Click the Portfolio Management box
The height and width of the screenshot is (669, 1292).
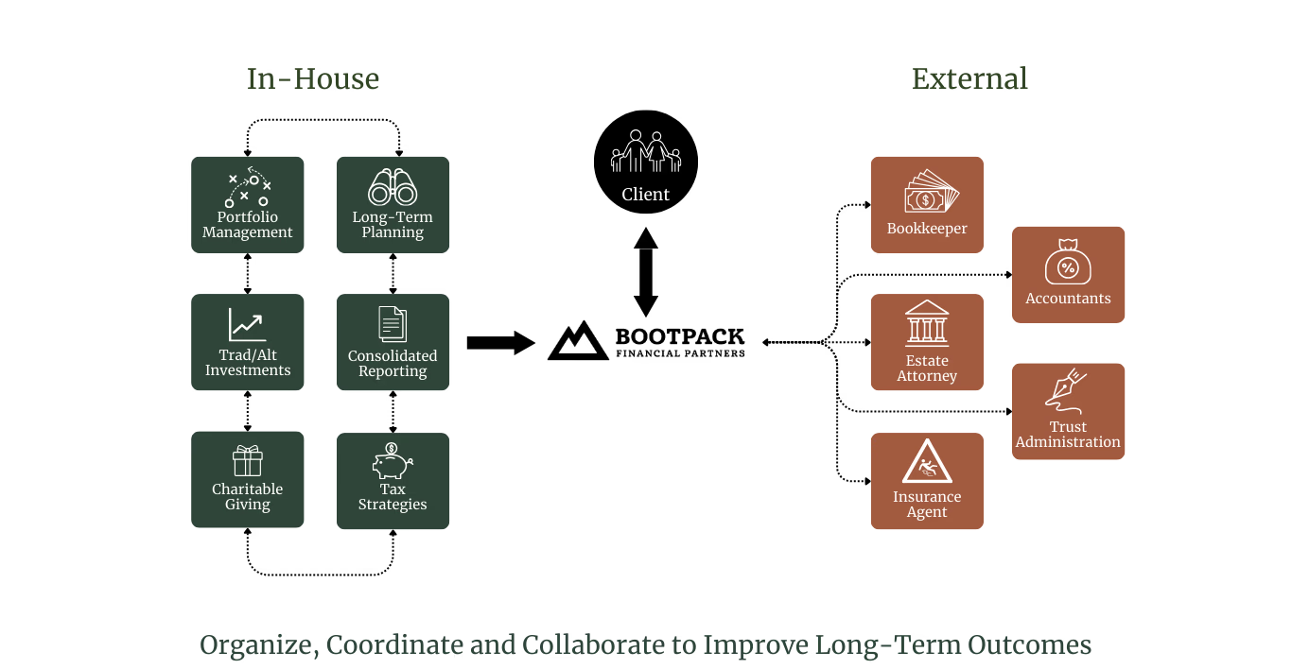click(x=248, y=205)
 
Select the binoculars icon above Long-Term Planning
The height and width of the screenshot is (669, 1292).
click(x=393, y=186)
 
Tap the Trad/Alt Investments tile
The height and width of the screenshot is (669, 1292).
click(x=248, y=342)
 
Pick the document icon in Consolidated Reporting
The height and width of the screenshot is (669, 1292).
click(x=393, y=324)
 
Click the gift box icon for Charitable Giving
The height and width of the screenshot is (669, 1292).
click(x=248, y=461)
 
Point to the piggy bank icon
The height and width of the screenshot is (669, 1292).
click(x=392, y=461)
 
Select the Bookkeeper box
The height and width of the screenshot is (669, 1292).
click(x=927, y=204)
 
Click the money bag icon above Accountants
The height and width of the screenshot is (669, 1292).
click(x=1068, y=262)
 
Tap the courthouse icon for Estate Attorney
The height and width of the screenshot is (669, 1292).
click(x=927, y=323)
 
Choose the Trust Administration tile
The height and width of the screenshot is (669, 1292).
click(x=1068, y=412)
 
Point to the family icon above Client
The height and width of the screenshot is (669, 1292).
click(x=646, y=151)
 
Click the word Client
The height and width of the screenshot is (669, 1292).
click(x=646, y=195)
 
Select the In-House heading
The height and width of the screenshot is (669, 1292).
click(x=313, y=79)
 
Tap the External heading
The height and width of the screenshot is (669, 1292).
click(x=969, y=79)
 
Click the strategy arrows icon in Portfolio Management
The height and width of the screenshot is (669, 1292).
click(x=248, y=189)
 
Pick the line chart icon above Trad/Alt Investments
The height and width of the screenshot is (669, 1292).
click(x=247, y=324)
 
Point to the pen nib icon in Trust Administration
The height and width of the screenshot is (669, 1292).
click(x=1066, y=387)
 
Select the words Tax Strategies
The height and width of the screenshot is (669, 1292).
click(x=393, y=497)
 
